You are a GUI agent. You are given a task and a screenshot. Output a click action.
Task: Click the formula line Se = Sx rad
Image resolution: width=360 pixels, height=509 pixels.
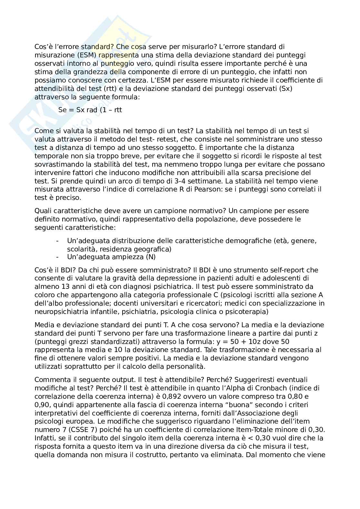point(90,110)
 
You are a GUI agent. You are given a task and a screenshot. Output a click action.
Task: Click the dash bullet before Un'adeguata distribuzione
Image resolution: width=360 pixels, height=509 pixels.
point(57,241)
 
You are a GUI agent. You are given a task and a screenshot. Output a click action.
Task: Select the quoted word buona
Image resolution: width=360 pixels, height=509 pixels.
point(266,405)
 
